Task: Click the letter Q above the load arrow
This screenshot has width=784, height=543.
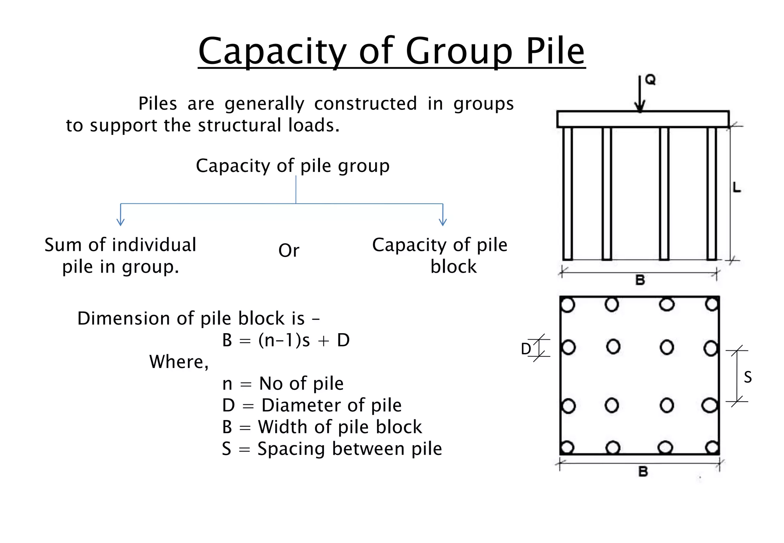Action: [x=650, y=80]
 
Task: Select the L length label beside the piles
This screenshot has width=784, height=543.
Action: [x=737, y=188]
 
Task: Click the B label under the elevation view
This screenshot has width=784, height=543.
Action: [x=640, y=280]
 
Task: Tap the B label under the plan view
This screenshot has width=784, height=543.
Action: [x=643, y=471]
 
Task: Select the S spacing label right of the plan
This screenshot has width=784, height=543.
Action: [x=748, y=378]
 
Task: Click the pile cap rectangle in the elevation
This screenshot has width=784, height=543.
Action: [x=643, y=119]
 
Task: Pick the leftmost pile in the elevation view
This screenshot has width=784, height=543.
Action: [x=568, y=193]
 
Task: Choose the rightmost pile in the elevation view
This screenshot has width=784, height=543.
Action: [x=712, y=193]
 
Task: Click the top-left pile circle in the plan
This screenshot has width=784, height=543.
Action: [x=568, y=305]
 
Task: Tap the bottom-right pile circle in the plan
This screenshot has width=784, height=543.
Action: [x=712, y=447]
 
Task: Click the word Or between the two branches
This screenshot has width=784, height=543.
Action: [x=289, y=251]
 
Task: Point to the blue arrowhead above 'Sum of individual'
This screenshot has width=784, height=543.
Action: [x=121, y=222]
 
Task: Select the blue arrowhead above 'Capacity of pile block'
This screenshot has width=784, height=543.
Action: [x=443, y=222]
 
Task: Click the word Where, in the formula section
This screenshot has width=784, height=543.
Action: [x=179, y=362]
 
